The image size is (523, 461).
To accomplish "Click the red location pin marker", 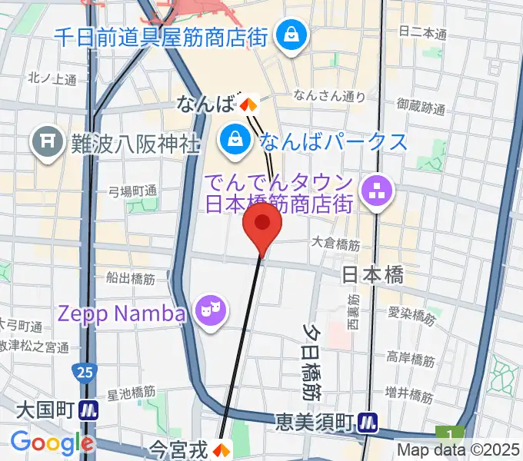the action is point(262,224).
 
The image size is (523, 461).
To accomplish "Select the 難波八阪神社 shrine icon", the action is point(47,144).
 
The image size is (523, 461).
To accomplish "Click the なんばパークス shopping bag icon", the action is point(232,141).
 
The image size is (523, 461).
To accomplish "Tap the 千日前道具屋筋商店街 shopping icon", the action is point(292,35).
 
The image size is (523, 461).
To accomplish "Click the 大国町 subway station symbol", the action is point(91,410).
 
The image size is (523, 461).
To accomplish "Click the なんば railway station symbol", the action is point(248,103).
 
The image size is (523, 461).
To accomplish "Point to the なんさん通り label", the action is point(329,96).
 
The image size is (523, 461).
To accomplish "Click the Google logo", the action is point(51,443).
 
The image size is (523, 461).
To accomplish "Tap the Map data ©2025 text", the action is point(458,450).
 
